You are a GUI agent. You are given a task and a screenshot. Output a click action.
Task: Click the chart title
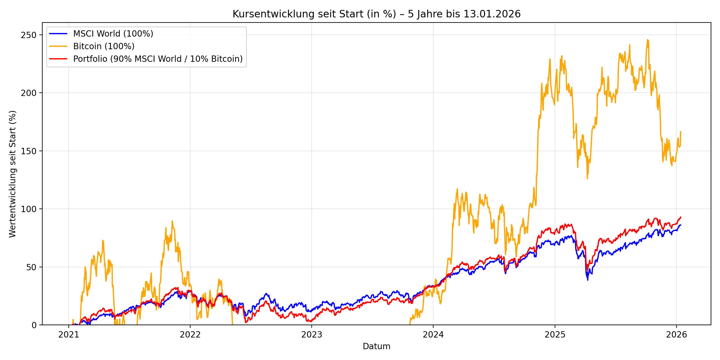(x=376, y=14)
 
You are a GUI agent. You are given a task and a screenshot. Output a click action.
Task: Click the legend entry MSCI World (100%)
(x=113, y=34)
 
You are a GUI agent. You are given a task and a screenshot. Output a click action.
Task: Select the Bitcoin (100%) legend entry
(x=104, y=46)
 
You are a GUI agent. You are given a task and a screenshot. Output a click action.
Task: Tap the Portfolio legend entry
(x=158, y=59)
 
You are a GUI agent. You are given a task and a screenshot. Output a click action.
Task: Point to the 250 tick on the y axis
(x=28, y=35)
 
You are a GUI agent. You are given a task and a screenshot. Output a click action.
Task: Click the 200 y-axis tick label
(x=28, y=93)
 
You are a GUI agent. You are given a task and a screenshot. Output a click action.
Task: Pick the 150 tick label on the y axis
(x=28, y=151)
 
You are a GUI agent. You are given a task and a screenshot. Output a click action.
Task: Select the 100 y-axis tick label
(x=28, y=209)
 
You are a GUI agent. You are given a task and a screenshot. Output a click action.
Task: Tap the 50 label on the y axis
(x=31, y=267)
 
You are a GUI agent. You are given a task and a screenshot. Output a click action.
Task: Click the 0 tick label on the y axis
(x=34, y=325)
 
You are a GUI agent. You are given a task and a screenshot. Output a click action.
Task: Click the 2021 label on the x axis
(x=69, y=335)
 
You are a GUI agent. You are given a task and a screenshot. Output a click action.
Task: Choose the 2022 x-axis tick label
(x=190, y=335)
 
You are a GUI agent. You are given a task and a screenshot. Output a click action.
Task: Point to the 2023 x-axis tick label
(x=312, y=335)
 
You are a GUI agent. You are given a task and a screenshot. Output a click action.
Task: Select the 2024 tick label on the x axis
(x=433, y=335)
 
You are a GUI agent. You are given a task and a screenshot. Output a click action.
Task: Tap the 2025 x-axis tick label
(x=555, y=335)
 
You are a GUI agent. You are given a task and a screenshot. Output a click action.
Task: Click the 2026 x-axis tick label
(x=676, y=335)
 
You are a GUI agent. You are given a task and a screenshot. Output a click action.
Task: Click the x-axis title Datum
(x=376, y=346)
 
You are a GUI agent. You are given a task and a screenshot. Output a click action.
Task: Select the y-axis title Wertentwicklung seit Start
(x=13, y=174)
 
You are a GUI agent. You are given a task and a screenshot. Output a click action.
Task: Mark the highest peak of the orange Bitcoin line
(x=648, y=40)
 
